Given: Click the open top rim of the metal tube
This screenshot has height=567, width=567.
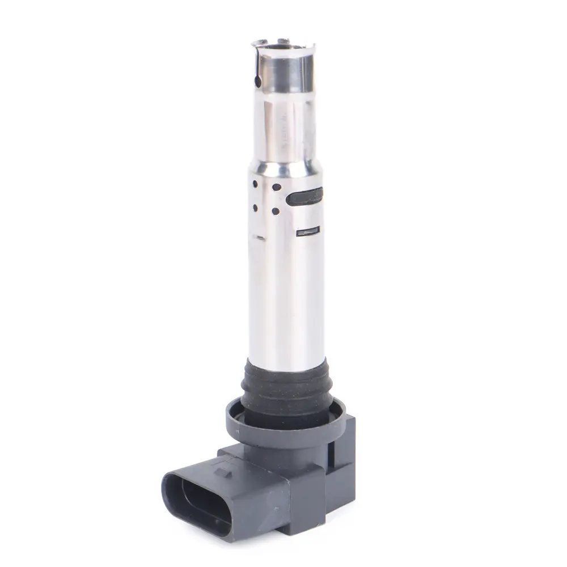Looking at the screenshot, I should coord(283,43).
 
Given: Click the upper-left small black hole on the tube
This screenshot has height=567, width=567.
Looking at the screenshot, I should coord(256,184).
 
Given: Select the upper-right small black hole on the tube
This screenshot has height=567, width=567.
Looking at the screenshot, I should coord(277,187).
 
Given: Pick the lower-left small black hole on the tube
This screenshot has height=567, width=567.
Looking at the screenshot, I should coord(255,208).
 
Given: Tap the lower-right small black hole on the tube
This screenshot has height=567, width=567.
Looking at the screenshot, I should coord(276,211).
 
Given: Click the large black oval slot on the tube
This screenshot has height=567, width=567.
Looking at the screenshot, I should coord(304,197).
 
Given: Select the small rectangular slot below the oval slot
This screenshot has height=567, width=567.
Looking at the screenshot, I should coord(308,231).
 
